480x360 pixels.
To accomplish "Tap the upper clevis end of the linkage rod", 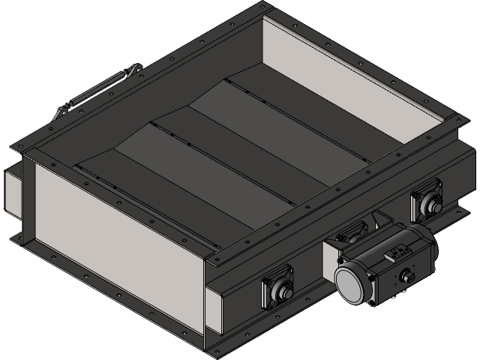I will pos(133,72).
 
